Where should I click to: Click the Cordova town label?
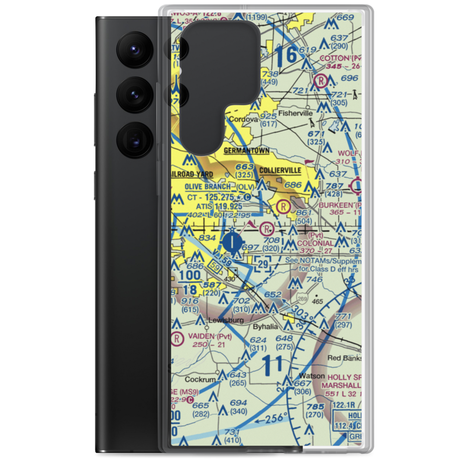point(243,120)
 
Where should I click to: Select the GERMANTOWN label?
point(247,150)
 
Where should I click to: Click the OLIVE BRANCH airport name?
point(207,187)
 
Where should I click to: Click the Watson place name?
point(312,376)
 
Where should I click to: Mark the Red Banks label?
point(343,358)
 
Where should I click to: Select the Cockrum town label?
point(200,379)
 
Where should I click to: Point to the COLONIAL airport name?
point(316,243)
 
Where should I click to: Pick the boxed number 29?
point(264,264)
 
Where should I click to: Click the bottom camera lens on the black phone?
point(134,139)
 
